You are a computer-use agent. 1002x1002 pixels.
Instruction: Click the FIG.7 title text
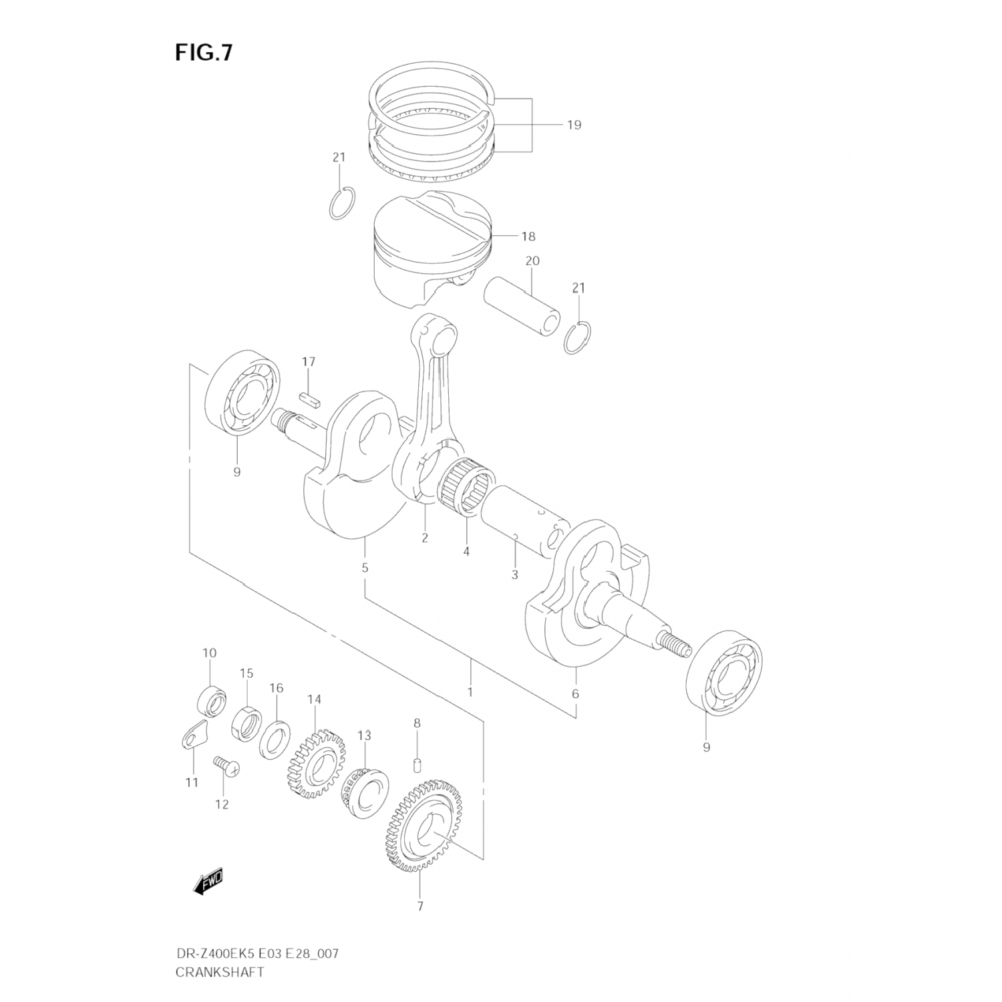coord(204,53)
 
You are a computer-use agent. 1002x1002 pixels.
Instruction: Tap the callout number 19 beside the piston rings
coord(574,125)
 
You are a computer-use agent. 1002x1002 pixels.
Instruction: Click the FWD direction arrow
coord(208,883)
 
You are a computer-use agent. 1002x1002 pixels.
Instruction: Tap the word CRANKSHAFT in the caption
coord(220,972)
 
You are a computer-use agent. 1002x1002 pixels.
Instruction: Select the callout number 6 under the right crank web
coord(575,694)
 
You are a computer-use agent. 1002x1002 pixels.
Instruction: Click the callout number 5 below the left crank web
coord(365,568)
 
